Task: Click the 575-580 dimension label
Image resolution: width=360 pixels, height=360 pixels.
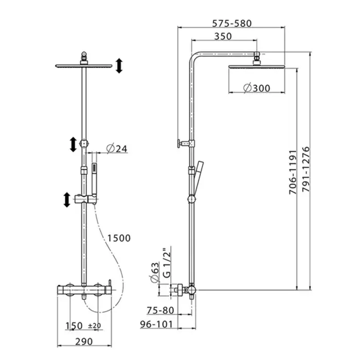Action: pos(231,24)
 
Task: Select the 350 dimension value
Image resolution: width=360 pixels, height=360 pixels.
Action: pos(223,37)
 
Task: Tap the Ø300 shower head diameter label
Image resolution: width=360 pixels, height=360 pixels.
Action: pos(257,88)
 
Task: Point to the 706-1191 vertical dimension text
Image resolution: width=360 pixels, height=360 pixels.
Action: pos(293,172)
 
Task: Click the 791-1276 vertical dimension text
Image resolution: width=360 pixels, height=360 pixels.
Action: pos(306,169)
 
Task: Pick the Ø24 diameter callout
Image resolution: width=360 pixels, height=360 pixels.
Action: pos(117,149)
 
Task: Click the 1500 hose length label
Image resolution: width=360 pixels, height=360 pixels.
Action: pos(119,238)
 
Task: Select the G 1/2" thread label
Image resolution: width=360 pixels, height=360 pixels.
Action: pos(167,262)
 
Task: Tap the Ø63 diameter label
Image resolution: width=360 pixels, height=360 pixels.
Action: pos(155,272)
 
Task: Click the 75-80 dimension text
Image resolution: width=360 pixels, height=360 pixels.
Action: pos(160,311)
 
